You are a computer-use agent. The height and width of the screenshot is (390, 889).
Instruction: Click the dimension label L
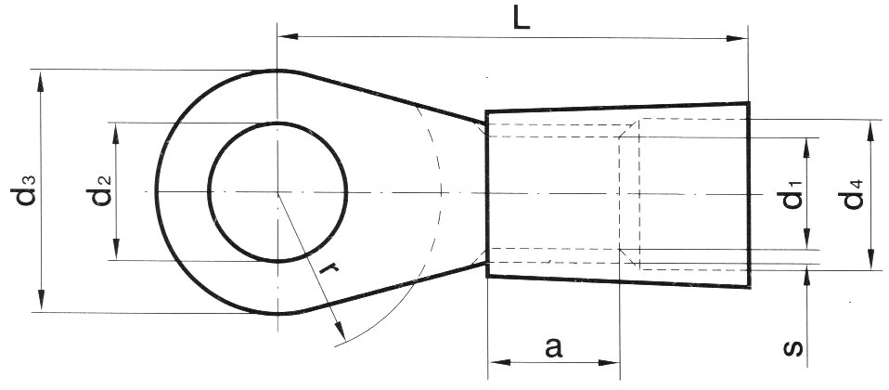click(522, 19)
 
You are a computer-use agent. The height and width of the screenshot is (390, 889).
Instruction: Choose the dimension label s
click(792, 347)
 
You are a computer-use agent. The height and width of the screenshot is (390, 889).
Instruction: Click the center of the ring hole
click(277, 192)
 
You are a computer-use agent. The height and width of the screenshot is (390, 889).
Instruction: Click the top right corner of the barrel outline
click(748, 102)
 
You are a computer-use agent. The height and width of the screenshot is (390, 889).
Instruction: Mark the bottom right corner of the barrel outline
click(748, 288)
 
